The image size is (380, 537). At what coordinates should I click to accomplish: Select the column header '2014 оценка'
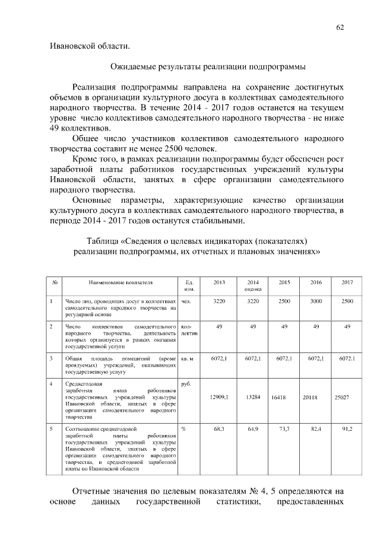(252, 285)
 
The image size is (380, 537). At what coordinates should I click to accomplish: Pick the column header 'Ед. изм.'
(189, 285)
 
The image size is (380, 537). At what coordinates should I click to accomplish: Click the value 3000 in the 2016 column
(316, 301)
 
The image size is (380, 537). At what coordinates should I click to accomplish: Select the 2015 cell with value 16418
(280, 398)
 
